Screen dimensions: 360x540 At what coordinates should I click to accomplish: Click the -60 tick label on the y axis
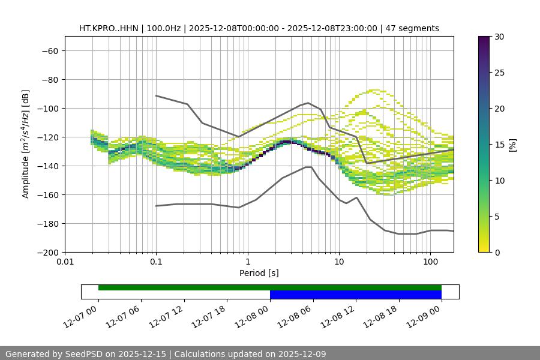(49, 51)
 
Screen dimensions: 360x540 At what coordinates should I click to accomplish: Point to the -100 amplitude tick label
(47, 109)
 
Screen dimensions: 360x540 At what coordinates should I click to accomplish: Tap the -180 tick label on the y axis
(47, 224)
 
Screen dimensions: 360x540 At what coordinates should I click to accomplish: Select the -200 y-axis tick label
(47, 253)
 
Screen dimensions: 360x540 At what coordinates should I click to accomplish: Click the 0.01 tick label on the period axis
(65, 262)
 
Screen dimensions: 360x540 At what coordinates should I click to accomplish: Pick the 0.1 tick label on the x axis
(156, 262)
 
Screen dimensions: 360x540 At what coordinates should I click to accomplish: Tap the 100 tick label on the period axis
(430, 262)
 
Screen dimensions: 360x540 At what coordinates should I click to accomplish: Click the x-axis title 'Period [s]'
(259, 274)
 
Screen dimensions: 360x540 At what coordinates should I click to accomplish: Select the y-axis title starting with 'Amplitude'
(26, 144)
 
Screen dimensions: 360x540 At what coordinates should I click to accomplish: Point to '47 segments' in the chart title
(412, 28)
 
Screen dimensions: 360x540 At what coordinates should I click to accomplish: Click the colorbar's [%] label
(512, 145)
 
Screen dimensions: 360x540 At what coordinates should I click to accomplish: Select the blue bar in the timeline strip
(356, 295)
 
